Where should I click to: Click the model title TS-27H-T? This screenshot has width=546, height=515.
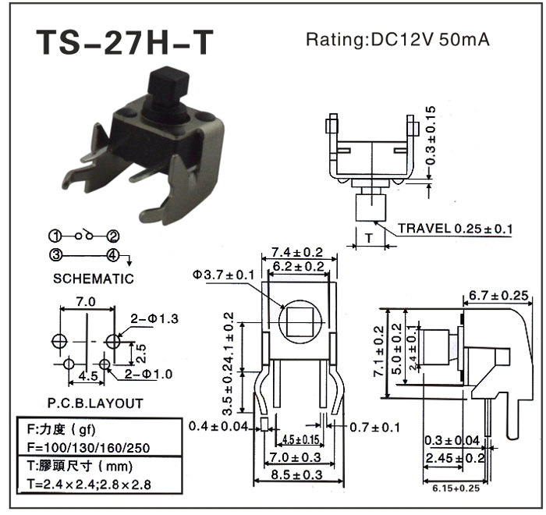point(123,44)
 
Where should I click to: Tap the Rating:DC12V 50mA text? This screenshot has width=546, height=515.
point(397,40)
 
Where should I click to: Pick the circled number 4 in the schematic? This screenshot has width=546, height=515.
point(112,254)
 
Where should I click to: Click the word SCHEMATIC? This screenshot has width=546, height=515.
point(94,279)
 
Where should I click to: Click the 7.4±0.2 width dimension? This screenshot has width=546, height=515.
point(297,252)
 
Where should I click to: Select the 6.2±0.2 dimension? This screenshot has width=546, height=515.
point(297,266)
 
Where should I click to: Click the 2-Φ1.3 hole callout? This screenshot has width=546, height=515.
point(154,318)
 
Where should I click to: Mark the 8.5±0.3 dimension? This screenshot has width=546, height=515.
point(297,474)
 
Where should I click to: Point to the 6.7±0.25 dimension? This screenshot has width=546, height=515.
point(498,296)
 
